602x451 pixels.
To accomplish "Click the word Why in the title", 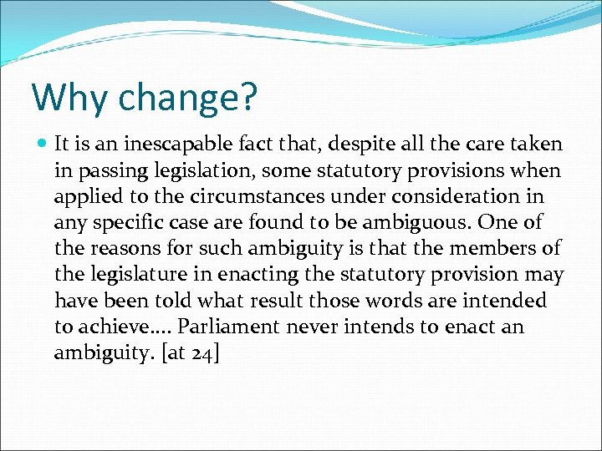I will point(70,97).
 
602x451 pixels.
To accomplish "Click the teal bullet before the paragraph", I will point(41,144).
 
